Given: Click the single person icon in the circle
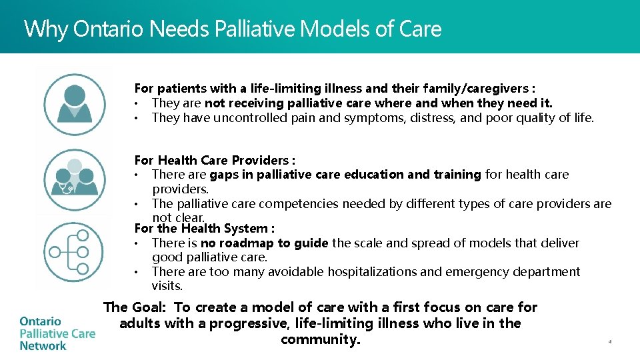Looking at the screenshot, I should [75, 105].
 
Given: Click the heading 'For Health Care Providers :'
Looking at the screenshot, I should [215, 160].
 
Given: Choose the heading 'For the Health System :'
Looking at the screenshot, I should [205, 229].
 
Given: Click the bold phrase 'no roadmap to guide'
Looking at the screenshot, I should [264, 243].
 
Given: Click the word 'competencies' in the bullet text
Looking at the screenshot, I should [295, 203].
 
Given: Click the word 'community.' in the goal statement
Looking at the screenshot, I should [320, 339].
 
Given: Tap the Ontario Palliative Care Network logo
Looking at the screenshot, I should [57, 333].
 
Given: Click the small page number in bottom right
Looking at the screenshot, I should [609, 341].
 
